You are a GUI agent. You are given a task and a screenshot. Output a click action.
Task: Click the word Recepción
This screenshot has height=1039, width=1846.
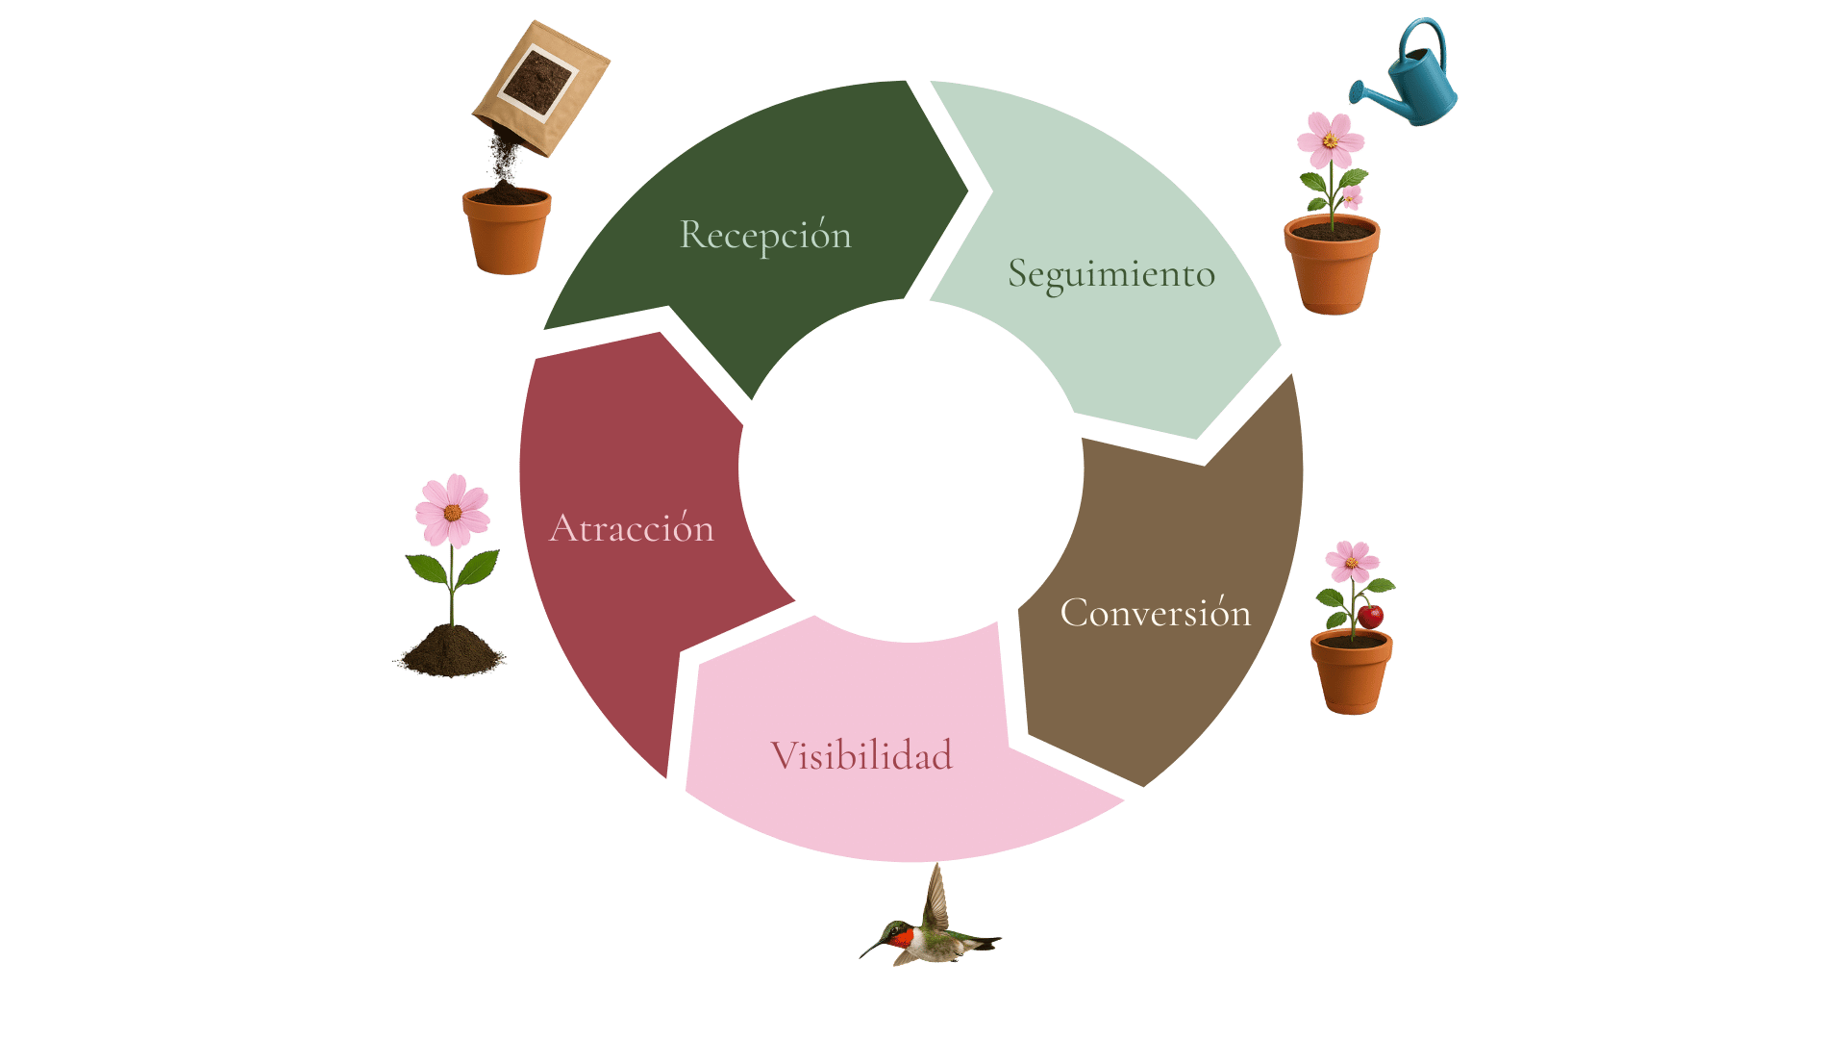(765, 236)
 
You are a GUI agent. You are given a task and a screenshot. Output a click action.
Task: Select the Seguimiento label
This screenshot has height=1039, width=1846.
(1111, 275)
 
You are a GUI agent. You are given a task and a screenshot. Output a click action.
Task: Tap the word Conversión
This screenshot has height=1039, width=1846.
(1156, 612)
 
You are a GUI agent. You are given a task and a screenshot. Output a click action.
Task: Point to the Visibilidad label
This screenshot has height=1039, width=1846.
(861, 755)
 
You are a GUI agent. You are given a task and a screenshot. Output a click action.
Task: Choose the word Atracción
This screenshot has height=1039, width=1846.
(632, 527)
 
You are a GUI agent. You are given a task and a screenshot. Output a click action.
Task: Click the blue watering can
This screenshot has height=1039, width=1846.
(1405, 72)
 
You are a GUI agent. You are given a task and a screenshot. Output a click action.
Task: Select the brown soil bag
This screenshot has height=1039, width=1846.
(540, 89)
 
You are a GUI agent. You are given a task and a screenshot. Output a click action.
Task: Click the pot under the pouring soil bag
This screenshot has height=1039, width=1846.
(507, 231)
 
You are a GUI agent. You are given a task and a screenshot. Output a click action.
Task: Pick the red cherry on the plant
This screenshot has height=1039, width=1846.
(1370, 615)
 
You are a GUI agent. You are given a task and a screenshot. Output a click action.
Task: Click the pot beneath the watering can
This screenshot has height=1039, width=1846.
(1332, 265)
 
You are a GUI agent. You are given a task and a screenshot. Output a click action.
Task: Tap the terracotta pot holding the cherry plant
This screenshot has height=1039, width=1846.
(1352, 672)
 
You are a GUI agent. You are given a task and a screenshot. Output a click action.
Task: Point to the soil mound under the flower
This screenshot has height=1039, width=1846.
(450, 651)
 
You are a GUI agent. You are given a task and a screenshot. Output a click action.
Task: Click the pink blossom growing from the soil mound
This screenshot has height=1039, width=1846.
(453, 511)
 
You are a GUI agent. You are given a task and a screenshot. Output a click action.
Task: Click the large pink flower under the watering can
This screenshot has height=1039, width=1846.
(1331, 140)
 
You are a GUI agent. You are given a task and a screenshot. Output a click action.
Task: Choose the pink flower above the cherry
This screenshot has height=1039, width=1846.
(1352, 562)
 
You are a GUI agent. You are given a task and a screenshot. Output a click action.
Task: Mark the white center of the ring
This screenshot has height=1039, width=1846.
(911, 469)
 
